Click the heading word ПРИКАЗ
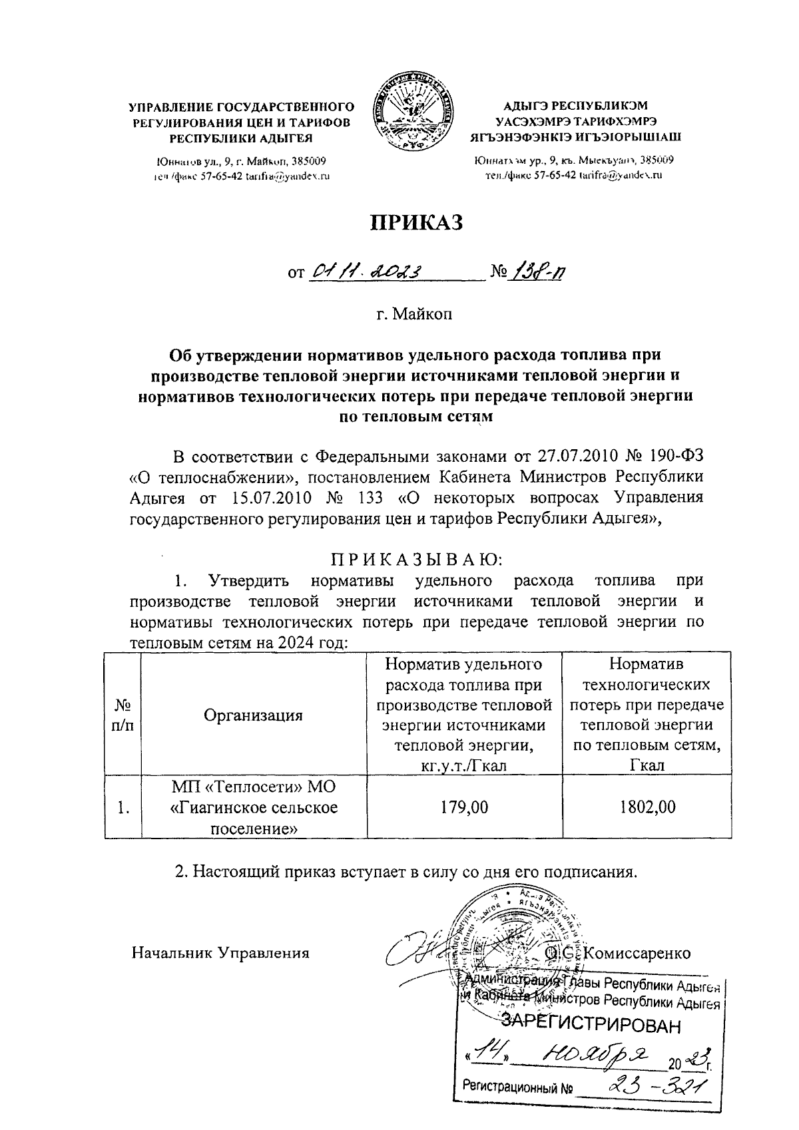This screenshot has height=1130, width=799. coord(416,223)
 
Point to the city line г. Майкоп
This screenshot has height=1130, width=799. coord(413,313)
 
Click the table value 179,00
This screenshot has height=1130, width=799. coord(464,807)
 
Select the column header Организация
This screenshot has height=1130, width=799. coord(253,715)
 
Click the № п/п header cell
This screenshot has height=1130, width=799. coord(123,715)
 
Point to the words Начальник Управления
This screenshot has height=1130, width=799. coord(220,953)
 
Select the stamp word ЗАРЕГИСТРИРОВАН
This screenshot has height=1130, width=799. coord(591,1024)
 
